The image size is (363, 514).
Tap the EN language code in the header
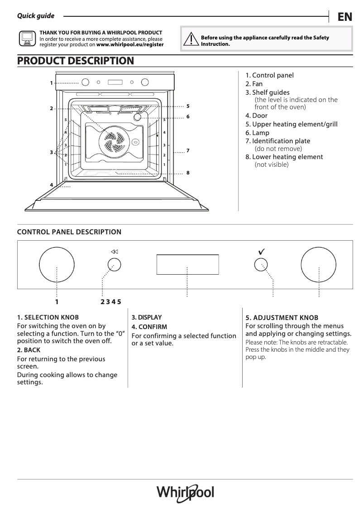(344, 17)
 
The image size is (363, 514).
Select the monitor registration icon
(27, 39)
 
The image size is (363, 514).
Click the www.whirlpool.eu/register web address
(130, 45)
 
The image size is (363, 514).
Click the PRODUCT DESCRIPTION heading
(76, 61)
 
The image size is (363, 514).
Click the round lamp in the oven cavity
(138, 116)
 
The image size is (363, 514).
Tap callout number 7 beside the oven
(187, 150)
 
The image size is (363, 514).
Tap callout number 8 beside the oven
(187, 173)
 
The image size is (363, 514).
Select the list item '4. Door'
(256, 116)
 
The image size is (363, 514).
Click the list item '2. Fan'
(254, 84)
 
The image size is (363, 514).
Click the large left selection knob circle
(57, 265)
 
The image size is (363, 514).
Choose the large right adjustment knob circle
(319, 265)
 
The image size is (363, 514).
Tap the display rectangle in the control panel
(187, 264)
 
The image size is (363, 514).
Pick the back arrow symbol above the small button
(114, 252)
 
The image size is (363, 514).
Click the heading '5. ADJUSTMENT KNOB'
(282, 318)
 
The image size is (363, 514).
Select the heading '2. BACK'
(29, 350)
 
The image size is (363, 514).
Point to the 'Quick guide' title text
(36, 16)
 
